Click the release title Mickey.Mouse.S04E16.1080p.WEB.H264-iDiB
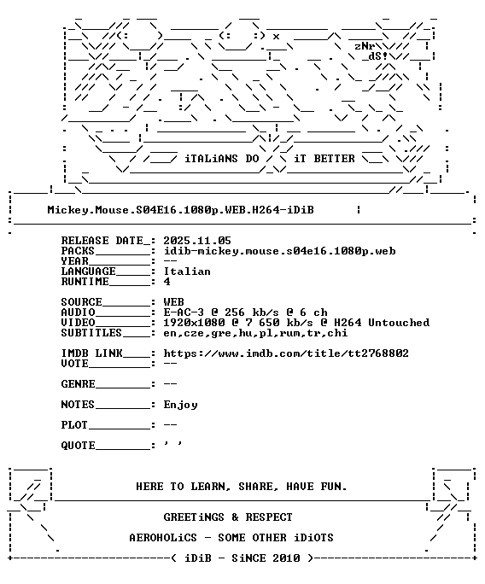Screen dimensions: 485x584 (180, 210)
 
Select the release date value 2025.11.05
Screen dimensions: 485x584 (197, 241)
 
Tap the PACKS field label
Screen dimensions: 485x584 (78, 251)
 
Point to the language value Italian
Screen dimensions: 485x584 (187, 272)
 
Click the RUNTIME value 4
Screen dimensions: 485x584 (167, 282)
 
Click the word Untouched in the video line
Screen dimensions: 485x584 (399, 323)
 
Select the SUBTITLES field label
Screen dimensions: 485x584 (91, 333)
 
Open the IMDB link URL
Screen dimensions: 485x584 (286, 353)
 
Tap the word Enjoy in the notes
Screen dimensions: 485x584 (180, 405)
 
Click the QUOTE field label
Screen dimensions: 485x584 (78, 446)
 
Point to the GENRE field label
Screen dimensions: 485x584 (78, 384)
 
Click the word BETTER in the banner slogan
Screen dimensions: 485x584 (334, 159)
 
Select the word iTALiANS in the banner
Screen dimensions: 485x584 (211, 159)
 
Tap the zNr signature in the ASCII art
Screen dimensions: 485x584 (365, 46)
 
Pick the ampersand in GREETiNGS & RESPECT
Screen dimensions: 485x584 (235, 517)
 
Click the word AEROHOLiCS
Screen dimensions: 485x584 (163, 538)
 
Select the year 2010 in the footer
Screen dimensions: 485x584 (286, 558)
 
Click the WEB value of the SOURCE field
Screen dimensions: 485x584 (173, 302)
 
